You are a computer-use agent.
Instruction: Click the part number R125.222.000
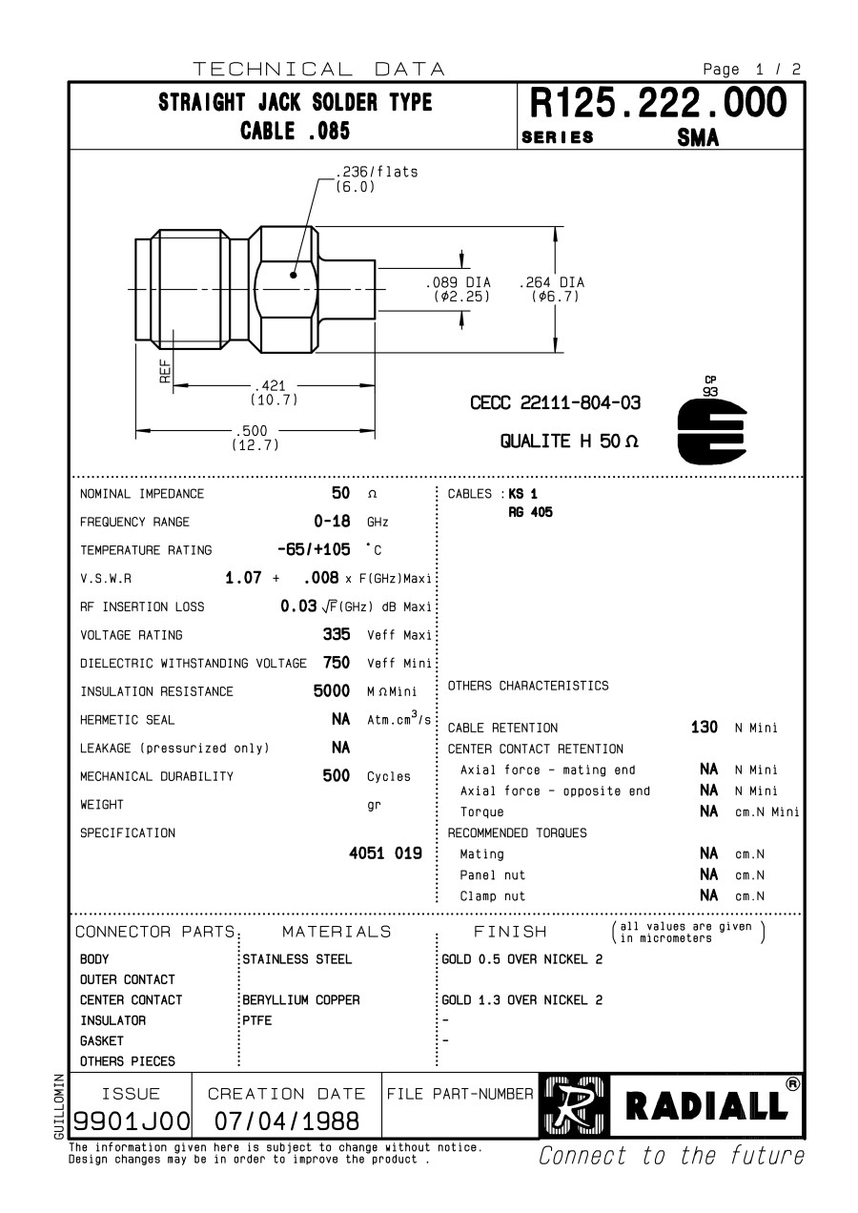pyautogui.click(x=658, y=103)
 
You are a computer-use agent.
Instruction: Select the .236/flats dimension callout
pyautogui.click(x=376, y=173)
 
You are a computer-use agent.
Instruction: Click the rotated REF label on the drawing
pyautogui.click(x=165, y=371)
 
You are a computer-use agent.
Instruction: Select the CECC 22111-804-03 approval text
pyautogui.click(x=555, y=403)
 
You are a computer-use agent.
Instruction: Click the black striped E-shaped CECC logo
pyautogui.click(x=711, y=431)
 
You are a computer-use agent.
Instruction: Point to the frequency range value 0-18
pyautogui.click(x=332, y=522)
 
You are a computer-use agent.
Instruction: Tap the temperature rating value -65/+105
pyautogui.click(x=314, y=550)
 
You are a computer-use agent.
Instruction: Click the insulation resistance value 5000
pyautogui.click(x=332, y=690)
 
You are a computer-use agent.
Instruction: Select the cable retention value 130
pyautogui.click(x=704, y=728)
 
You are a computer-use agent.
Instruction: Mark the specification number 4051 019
pyautogui.click(x=385, y=853)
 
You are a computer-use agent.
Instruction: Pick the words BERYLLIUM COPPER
pyautogui.click(x=301, y=1000)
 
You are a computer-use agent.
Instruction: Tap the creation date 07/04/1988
pyautogui.click(x=286, y=1120)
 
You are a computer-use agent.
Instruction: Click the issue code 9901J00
pyautogui.click(x=133, y=1120)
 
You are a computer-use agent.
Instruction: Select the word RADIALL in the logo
pyautogui.click(x=706, y=1106)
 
